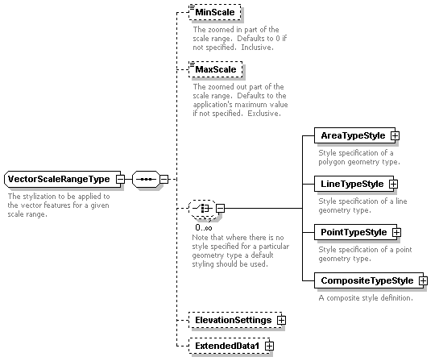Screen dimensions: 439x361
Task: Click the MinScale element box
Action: click(215, 12)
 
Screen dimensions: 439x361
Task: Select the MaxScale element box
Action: click(216, 69)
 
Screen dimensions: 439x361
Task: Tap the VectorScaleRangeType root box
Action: click(63, 179)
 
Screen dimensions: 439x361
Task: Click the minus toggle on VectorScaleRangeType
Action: click(120, 179)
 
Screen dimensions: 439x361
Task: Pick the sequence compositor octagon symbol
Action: click(146, 179)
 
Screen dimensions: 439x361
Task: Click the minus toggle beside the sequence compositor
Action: click(164, 179)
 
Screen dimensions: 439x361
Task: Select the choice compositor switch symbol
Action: click(203, 209)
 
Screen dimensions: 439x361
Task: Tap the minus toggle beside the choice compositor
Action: click(221, 209)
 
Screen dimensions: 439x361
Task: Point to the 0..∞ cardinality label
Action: click(204, 228)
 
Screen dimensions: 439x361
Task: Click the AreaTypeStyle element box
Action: click(354, 136)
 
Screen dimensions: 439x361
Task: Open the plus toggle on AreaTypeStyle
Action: click(395, 136)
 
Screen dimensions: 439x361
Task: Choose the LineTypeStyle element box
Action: click(354, 184)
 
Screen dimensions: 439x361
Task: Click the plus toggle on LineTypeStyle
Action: click(393, 184)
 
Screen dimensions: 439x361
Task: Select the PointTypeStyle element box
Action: click(355, 232)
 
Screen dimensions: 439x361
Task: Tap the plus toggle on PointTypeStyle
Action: click(397, 232)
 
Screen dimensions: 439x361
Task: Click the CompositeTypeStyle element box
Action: click(369, 280)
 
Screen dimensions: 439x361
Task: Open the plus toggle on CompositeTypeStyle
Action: click(424, 280)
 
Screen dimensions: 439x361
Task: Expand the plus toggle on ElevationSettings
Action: click(281, 321)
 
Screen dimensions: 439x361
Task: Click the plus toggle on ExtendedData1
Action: click(269, 346)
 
